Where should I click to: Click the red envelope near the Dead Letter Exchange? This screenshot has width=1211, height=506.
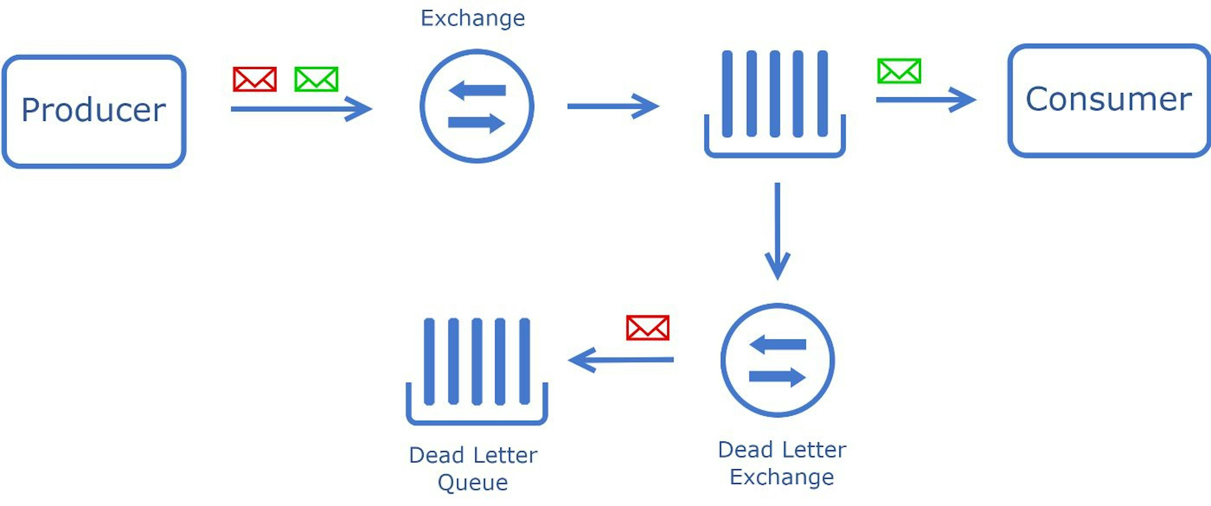coord(648,328)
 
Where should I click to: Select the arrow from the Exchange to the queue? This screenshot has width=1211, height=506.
coord(613,106)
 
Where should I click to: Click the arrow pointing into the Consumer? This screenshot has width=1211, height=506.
coord(926,100)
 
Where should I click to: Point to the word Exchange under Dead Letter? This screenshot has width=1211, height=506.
coord(782,477)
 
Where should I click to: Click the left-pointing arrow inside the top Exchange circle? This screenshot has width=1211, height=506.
coord(477,90)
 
